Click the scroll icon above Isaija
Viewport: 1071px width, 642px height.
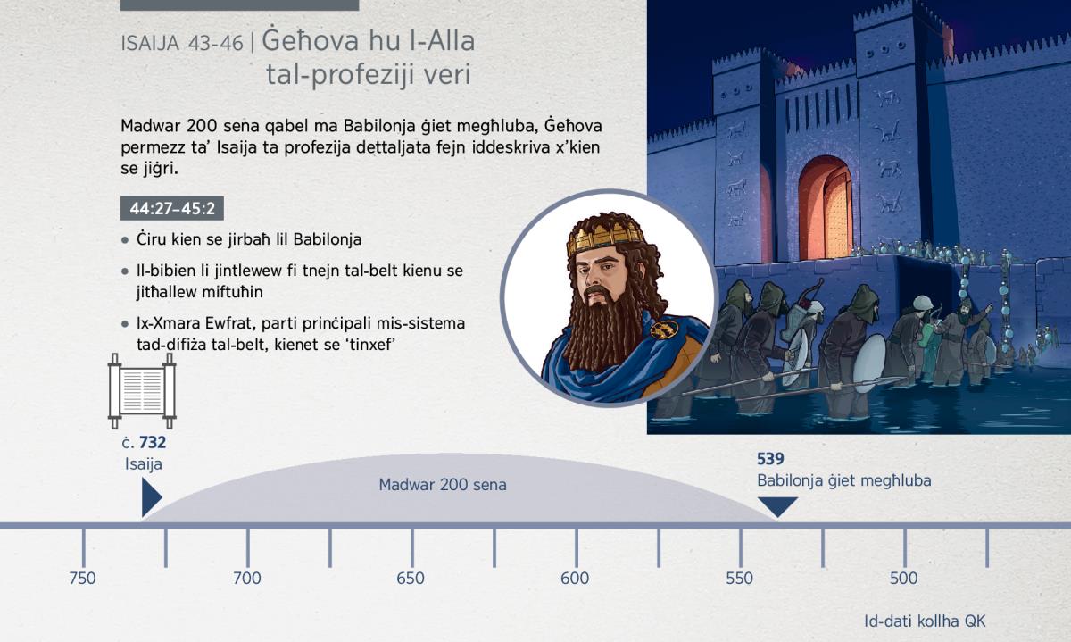pos(142,391)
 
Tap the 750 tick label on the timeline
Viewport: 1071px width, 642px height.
pos(82,579)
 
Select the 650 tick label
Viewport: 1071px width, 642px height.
pos(411,579)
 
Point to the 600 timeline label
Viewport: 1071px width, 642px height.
pos(575,579)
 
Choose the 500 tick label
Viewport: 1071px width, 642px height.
pos(903,579)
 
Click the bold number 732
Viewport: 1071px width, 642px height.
pos(153,443)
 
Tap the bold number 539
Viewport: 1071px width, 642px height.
pos(771,459)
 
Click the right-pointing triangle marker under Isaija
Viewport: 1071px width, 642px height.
pos(151,497)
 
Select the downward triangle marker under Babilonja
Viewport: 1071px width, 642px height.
pos(778,506)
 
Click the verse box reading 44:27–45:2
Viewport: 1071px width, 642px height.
pos(172,208)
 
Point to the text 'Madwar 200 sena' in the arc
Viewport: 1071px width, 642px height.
pos(443,485)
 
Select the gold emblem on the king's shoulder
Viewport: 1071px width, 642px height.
pos(664,329)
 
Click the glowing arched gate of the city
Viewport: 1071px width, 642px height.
pos(826,208)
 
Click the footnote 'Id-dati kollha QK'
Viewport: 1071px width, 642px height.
pos(925,621)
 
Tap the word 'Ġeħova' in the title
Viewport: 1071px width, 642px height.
pos(311,41)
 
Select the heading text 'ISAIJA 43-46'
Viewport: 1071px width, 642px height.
pos(182,44)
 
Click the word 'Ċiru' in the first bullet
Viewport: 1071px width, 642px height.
pos(151,239)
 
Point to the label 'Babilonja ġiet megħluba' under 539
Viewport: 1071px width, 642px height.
pos(844,481)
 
